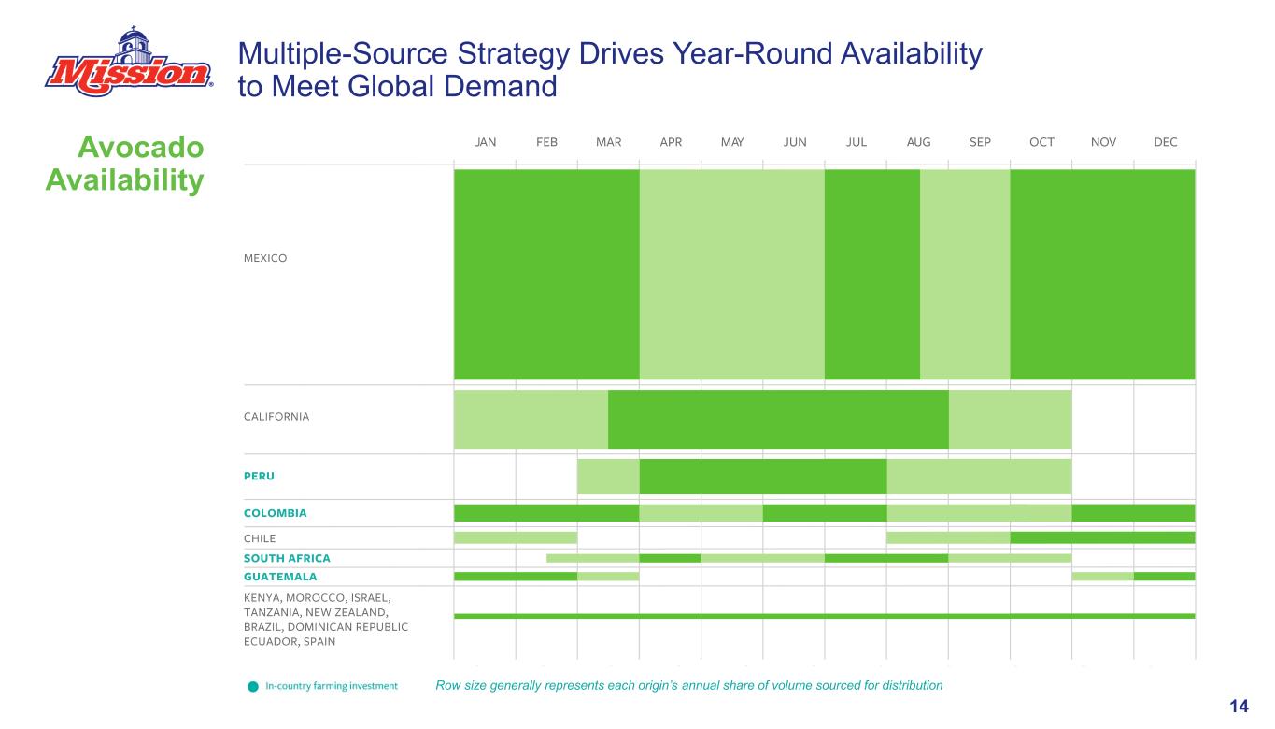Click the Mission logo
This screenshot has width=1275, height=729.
coord(129,62)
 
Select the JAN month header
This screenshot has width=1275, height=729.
coord(486,142)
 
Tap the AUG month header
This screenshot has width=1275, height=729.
coord(918,142)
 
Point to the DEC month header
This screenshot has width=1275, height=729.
coord(1165,142)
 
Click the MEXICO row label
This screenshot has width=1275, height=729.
coord(265,258)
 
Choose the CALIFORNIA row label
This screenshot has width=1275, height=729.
coord(276,416)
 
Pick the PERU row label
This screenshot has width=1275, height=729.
coord(259,476)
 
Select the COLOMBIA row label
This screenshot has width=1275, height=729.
coord(275,513)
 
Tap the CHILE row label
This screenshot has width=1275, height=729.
coord(260,538)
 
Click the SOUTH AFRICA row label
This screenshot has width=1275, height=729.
coord(287,558)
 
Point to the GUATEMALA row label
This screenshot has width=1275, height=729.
coord(280,577)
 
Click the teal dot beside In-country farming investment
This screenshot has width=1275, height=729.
coord(253,686)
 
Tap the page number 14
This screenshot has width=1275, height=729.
coord(1239,707)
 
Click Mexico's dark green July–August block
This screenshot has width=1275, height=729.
coord(872,275)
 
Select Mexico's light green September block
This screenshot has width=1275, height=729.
coord(965,275)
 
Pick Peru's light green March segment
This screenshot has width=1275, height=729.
coord(608,477)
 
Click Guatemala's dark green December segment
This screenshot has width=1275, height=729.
coord(1164,577)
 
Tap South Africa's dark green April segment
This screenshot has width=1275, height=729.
coord(670,558)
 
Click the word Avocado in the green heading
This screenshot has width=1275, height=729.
coord(141,147)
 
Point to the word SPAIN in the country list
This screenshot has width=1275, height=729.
coord(319,642)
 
